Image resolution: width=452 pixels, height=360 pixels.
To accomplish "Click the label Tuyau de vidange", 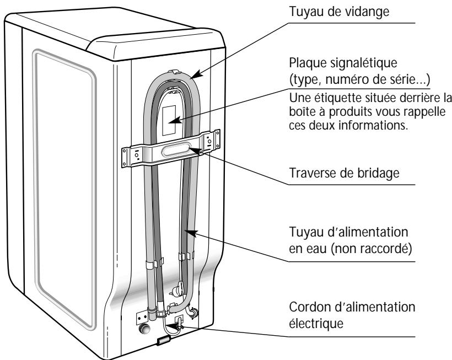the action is (339, 12).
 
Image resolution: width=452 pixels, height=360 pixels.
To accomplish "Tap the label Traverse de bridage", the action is (344, 173).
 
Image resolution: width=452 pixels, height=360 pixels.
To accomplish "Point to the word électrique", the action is (316, 323).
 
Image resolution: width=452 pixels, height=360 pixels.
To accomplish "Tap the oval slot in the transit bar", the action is (175, 150).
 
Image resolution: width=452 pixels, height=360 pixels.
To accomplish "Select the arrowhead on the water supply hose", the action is (191, 232).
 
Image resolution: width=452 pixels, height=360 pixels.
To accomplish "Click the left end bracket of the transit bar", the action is (128, 157).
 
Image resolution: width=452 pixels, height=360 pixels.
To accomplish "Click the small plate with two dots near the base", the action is (142, 317).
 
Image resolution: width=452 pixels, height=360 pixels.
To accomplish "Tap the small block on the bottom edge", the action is (163, 341).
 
